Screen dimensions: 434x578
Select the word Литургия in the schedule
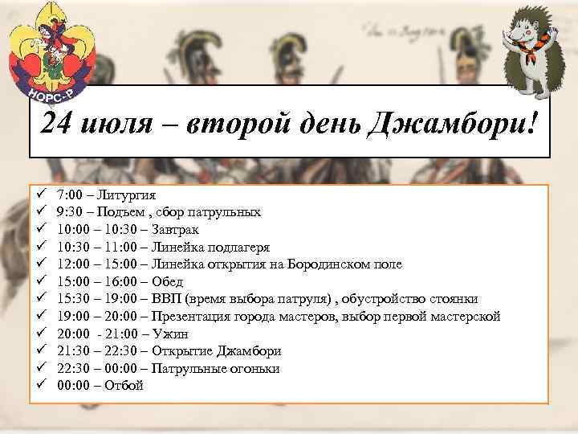coord(129,195)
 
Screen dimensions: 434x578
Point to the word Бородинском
coord(320,264)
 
